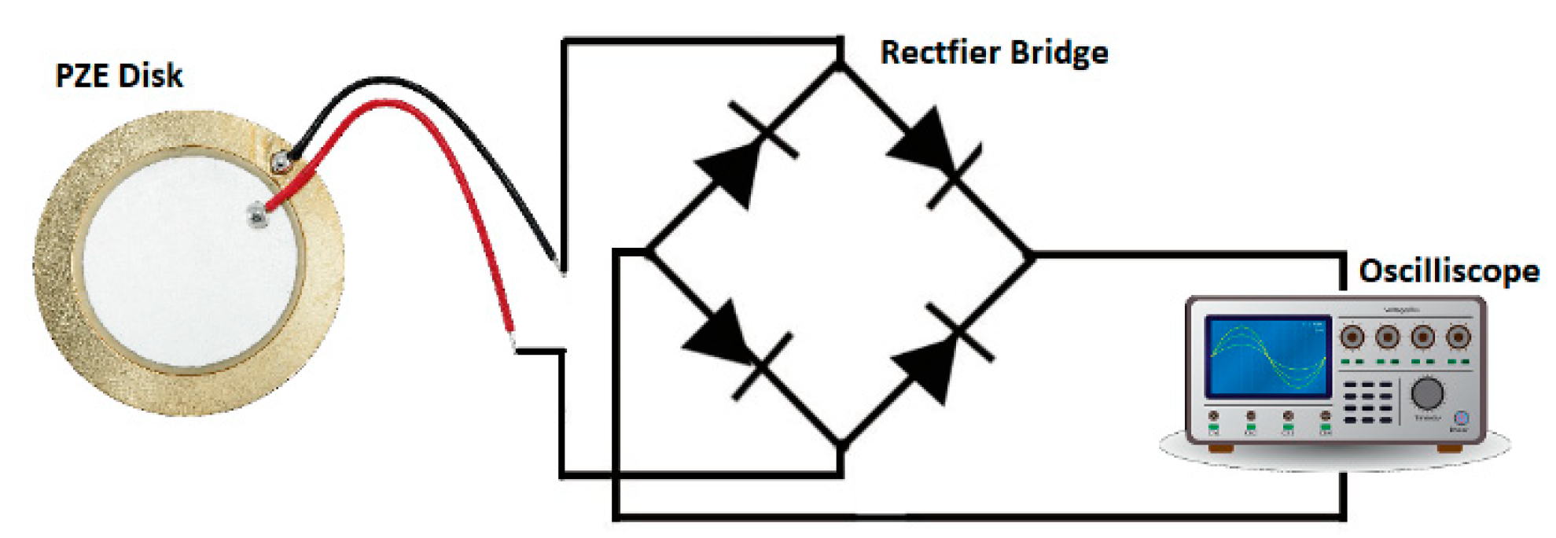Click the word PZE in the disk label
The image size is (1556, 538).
[x=83, y=76]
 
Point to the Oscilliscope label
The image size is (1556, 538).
[x=1448, y=271]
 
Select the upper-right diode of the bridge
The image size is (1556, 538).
[x=931, y=153]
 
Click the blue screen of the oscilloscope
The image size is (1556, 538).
[x=1267, y=356]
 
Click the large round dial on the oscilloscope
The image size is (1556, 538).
[x=1427, y=392]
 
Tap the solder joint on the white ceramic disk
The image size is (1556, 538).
[x=256, y=214]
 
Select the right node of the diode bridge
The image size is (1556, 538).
[x=1031, y=256]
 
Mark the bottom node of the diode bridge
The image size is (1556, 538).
[x=841, y=446]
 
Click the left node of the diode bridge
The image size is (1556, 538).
[x=646, y=252]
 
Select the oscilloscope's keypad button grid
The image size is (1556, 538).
[x=1367, y=402]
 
